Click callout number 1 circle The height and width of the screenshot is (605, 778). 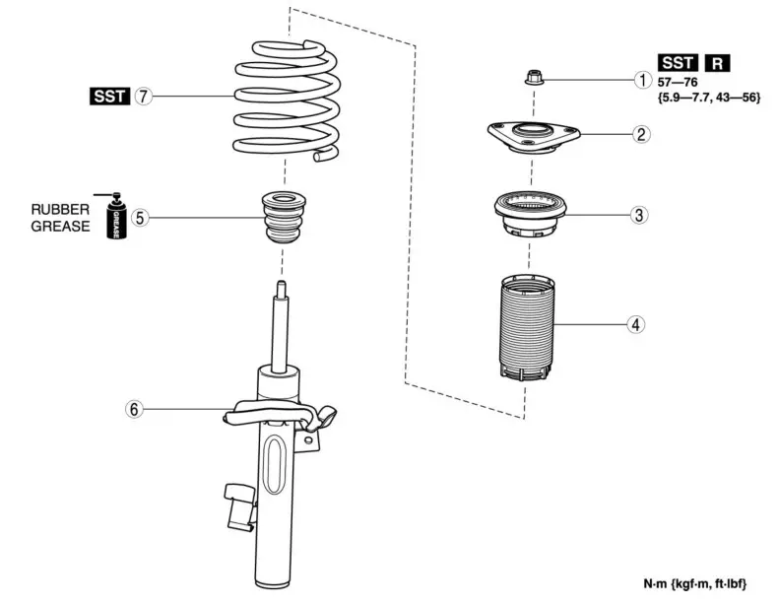click(x=641, y=80)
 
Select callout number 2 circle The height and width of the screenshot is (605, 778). click(x=641, y=134)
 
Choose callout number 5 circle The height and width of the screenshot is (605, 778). click(x=142, y=218)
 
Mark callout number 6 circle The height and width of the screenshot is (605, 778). click(x=134, y=408)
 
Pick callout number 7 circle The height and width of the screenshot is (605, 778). click(x=144, y=97)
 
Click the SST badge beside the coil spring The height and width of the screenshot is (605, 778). click(x=108, y=97)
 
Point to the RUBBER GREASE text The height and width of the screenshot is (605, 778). click(x=60, y=218)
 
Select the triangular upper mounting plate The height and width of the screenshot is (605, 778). click(x=532, y=136)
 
